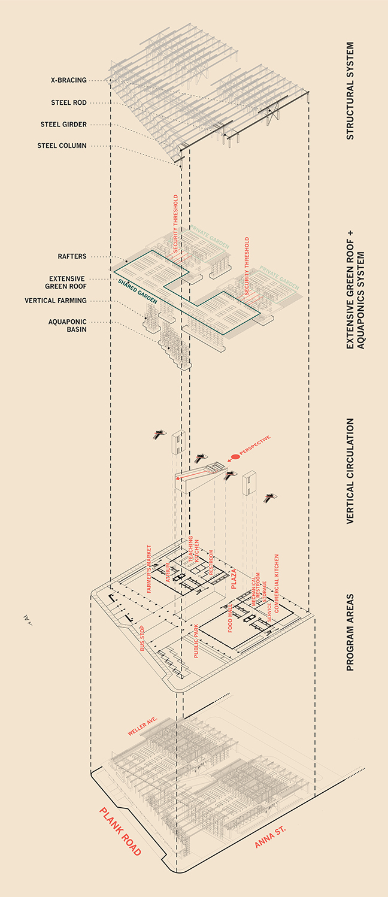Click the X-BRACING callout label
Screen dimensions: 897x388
69,80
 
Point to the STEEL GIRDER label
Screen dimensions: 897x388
63,125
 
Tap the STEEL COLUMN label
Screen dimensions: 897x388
62,146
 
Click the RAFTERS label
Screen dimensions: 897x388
72,256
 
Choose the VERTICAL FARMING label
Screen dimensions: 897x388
56,301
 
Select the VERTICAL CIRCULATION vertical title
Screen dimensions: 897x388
350,471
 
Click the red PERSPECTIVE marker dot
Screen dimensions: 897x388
235,457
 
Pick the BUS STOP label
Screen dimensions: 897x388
143,638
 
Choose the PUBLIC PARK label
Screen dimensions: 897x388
196,641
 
